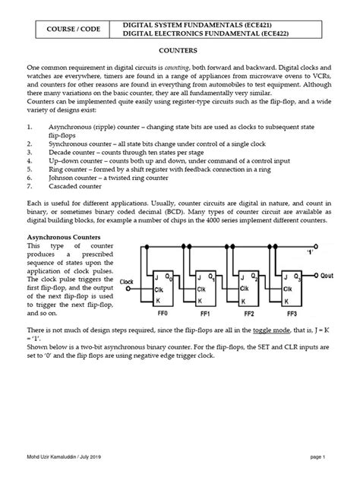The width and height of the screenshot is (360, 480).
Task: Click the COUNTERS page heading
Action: coord(178,51)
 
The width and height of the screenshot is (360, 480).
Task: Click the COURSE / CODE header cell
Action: coord(73,30)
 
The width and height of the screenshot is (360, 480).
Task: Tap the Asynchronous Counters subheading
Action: coord(64,237)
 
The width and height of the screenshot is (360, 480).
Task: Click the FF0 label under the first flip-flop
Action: coord(163,313)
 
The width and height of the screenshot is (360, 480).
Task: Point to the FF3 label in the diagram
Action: coord(292,314)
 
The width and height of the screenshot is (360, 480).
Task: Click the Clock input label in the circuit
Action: coord(126,282)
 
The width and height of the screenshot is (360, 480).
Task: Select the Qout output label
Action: coord(327,276)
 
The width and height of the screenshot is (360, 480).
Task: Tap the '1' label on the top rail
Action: coord(310,253)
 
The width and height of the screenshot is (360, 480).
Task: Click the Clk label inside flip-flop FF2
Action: coord(245,289)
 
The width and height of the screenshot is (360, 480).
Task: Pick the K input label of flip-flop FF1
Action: coord(200,302)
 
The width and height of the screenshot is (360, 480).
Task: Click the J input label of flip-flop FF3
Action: coord(286,277)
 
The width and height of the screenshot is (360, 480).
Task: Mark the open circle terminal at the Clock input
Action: coord(128,289)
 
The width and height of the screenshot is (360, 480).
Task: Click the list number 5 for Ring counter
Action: coord(30,169)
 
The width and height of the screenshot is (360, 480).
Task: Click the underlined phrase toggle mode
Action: coord(271,330)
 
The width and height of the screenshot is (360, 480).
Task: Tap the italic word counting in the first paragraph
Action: coord(177,68)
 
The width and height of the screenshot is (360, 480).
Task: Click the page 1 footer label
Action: coord(317,457)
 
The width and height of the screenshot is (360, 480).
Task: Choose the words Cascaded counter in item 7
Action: coord(75,186)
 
